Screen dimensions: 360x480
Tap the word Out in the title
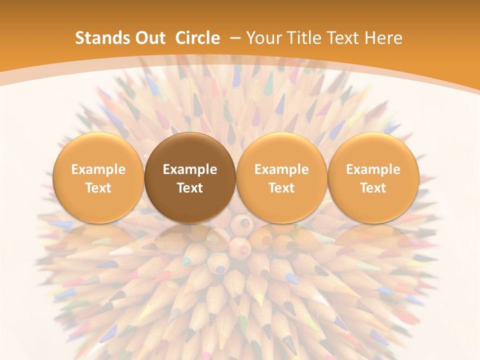point(148,38)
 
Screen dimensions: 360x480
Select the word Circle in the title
point(197,38)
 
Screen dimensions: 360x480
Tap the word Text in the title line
point(344,38)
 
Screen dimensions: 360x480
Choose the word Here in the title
point(383,38)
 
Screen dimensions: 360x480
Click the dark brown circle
point(190,177)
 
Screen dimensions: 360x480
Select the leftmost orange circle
point(98,177)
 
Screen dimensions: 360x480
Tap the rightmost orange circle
point(373,177)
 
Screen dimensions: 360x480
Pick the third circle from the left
point(281,177)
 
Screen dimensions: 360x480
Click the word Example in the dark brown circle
point(190,169)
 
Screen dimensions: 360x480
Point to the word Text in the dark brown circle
point(190,188)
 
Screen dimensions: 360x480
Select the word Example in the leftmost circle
point(98,169)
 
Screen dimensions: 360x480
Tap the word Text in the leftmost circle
point(98,188)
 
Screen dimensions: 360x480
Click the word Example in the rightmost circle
point(373,169)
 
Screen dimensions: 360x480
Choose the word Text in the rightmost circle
point(373,188)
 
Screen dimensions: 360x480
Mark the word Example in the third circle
point(281,169)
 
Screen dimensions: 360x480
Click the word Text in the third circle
point(281,188)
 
